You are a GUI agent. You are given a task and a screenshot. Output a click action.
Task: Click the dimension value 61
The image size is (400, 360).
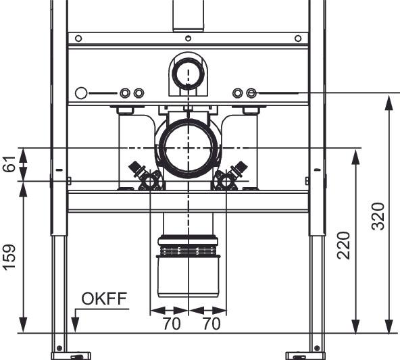pyautogui.click(x=9, y=164)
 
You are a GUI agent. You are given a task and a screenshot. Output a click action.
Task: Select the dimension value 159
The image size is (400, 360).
pyautogui.click(x=9, y=257)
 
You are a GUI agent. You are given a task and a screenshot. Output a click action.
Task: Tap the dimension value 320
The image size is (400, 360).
pyautogui.click(x=378, y=216)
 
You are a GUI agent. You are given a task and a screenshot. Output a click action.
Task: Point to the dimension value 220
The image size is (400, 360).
pyautogui.click(x=344, y=245)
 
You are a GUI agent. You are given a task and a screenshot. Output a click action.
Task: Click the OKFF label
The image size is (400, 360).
pyautogui.click(x=104, y=299)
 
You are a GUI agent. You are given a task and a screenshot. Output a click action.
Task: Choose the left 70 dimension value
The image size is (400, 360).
pyautogui.click(x=172, y=324)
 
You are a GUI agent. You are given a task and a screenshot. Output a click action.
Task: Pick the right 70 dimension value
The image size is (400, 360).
pyautogui.click(x=211, y=324)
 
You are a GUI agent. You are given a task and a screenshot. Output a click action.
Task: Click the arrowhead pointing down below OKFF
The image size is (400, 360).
pyautogui.click(x=75, y=325)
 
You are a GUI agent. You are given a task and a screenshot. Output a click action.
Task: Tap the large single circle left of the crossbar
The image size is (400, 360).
pyautogui.click(x=81, y=93)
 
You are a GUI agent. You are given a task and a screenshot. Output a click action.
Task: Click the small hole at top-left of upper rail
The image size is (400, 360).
pyautogui.click(x=78, y=38)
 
